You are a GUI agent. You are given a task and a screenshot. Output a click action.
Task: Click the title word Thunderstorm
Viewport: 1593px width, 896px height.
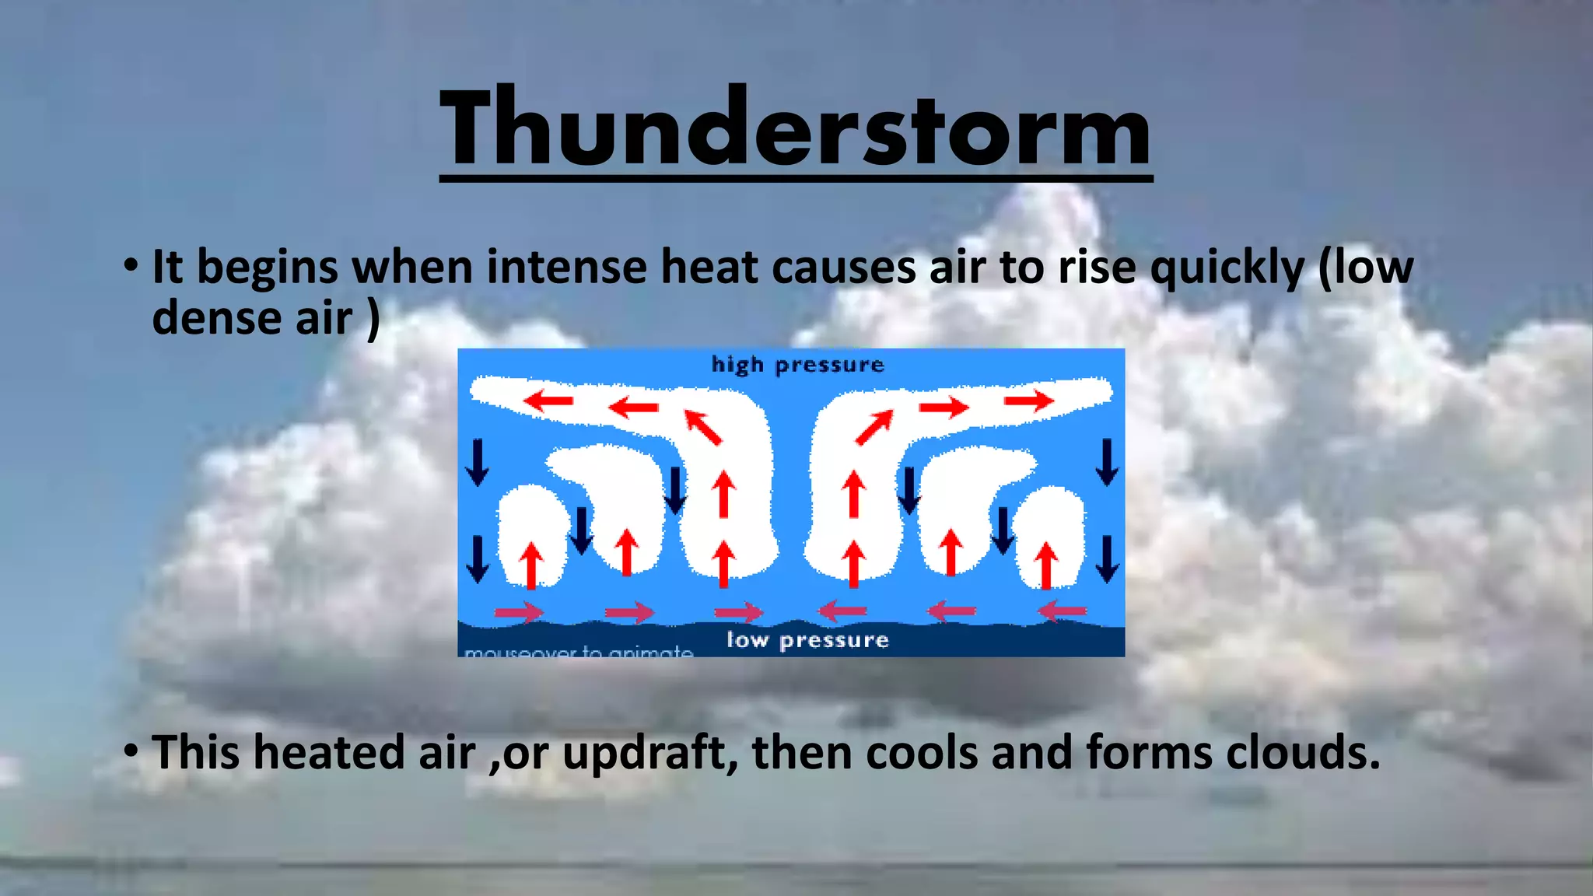tap(795, 128)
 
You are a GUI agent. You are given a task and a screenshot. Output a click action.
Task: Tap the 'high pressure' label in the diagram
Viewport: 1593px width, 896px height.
tap(798, 365)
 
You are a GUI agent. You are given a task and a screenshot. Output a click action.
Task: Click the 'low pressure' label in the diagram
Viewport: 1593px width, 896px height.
tap(807, 640)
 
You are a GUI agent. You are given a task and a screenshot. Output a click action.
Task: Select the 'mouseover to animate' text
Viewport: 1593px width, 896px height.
tap(578, 651)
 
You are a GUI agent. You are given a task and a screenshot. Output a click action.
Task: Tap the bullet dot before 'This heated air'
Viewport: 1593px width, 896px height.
tap(131, 752)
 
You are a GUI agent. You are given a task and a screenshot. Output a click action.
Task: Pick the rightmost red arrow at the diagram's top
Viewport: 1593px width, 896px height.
tap(1028, 401)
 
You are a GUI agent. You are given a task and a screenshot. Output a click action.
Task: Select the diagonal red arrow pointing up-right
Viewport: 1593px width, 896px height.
tap(874, 428)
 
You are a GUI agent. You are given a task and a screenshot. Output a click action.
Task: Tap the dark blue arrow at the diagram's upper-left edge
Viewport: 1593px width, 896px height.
tap(477, 462)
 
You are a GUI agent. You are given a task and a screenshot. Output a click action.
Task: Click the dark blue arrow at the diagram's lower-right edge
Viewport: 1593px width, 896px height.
tap(1107, 558)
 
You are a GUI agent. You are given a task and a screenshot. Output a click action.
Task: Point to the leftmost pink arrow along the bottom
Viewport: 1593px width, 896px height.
tap(519, 612)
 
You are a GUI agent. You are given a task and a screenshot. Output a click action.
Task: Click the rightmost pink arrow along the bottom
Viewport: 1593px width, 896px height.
tap(1063, 611)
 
